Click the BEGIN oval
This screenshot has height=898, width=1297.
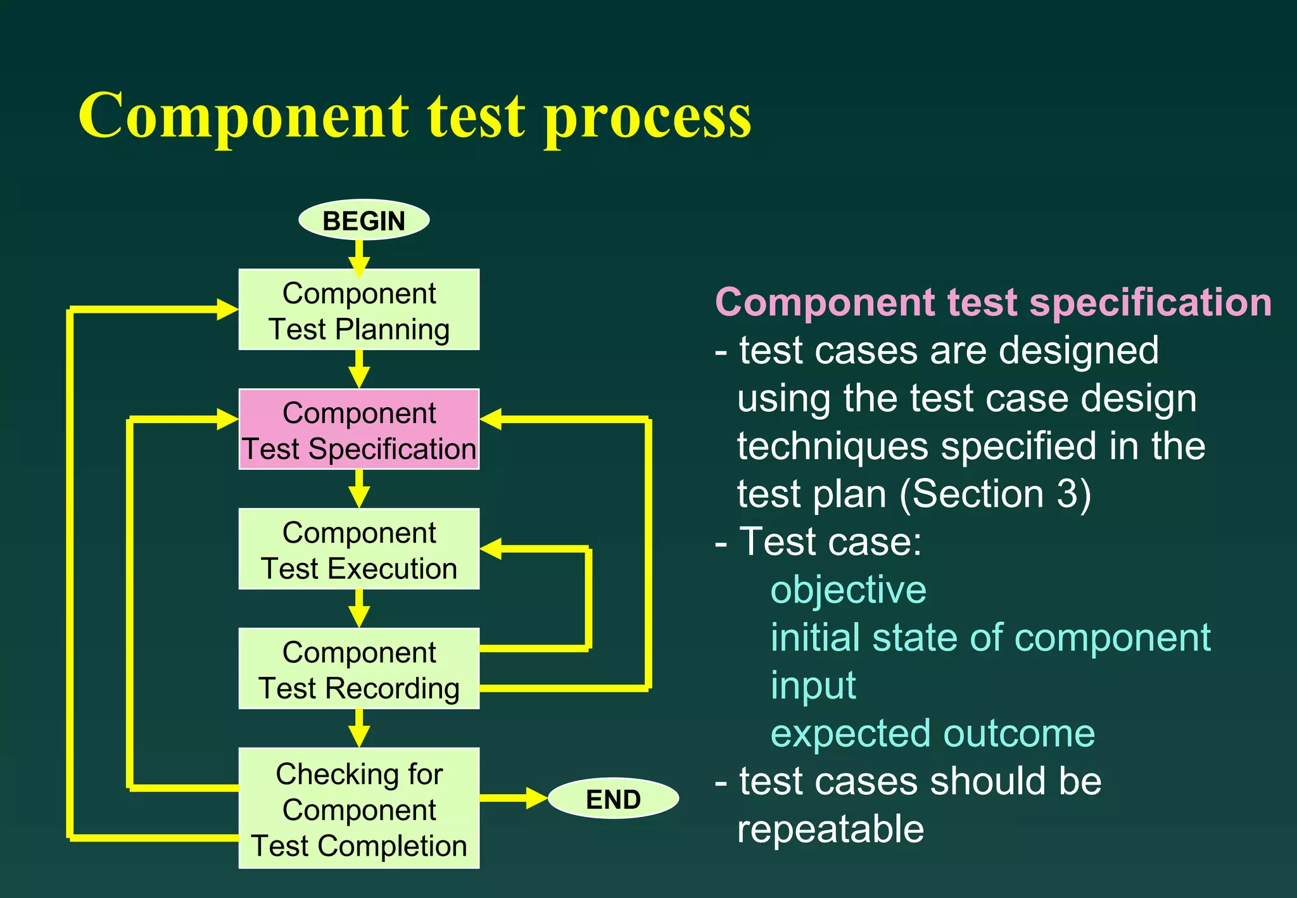point(364,220)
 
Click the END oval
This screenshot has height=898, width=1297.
point(613,799)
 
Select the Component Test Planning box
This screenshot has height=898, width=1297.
point(358,310)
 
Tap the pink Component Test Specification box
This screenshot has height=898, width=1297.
point(358,429)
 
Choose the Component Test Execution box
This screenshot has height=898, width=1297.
point(358,549)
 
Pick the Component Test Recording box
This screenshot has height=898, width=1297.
point(358,669)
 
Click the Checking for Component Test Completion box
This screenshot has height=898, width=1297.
point(358,808)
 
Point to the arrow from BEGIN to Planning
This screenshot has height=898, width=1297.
point(359,258)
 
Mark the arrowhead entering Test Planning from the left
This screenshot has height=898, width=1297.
point(226,310)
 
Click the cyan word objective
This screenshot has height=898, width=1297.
point(848,590)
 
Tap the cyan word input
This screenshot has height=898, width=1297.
point(813,686)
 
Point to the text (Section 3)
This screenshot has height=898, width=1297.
point(995,494)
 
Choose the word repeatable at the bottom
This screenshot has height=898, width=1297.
point(830,829)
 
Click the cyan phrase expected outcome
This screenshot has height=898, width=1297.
point(932,733)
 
